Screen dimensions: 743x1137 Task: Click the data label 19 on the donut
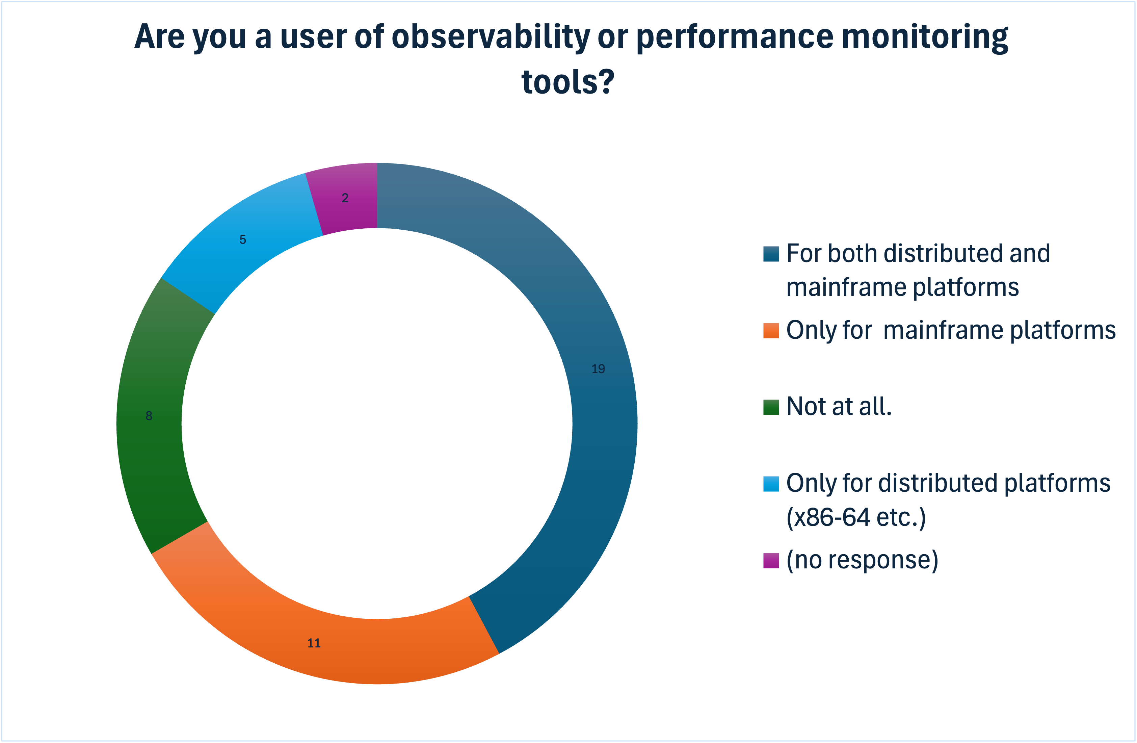(x=598, y=369)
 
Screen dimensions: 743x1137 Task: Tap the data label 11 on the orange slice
(x=314, y=643)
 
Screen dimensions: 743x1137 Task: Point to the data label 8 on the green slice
(x=149, y=416)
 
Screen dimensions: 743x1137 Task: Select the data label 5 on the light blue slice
(x=243, y=239)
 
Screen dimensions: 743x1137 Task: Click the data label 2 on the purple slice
(x=345, y=198)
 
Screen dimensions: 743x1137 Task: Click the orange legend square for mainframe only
(x=771, y=331)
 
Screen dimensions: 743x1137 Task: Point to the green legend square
(x=771, y=407)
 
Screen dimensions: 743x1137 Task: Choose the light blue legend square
(x=771, y=484)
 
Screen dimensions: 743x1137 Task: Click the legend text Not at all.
(x=839, y=407)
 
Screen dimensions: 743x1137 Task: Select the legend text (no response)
(x=862, y=560)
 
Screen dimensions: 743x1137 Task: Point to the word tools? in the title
(x=567, y=82)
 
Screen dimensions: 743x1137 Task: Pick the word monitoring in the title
(x=924, y=37)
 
